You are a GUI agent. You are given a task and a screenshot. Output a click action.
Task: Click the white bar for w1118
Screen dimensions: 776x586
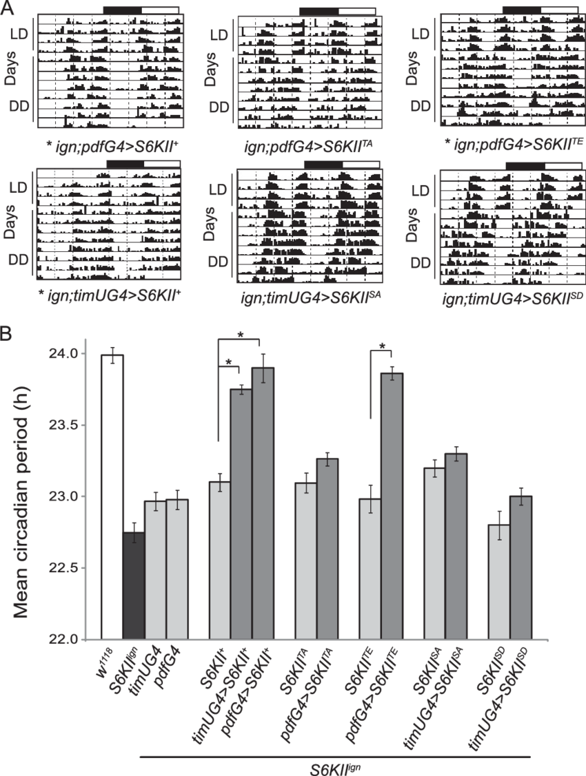pos(112,496)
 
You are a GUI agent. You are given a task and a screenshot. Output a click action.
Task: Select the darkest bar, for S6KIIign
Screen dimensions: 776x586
pos(133,585)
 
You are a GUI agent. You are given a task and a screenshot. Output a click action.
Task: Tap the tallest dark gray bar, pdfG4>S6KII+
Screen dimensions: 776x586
pos(263,502)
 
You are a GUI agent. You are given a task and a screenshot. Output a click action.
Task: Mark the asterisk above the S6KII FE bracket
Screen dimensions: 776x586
pos(381,346)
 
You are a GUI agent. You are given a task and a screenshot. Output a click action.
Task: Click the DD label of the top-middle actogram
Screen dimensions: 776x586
pos(219,107)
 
